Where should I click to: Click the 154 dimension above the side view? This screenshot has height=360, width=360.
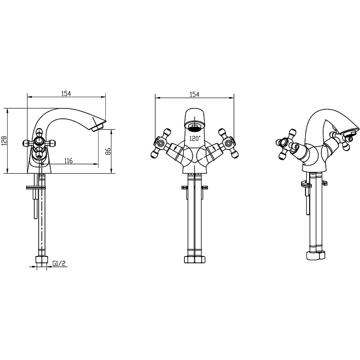(x=66, y=94)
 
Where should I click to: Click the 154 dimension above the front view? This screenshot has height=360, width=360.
(x=194, y=94)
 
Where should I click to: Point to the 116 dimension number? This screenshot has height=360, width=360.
(x=68, y=161)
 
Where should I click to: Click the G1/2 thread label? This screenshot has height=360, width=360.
(x=59, y=263)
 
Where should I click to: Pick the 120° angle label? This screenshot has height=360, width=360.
(x=195, y=139)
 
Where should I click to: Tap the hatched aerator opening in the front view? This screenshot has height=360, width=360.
(x=194, y=127)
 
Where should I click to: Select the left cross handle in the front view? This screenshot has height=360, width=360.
(x=160, y=144)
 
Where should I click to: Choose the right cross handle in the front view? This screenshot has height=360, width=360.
(x=229, y=144)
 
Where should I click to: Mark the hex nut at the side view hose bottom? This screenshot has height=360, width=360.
(x=41, y=260)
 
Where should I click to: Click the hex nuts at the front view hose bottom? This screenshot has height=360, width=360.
(x=194, y=260)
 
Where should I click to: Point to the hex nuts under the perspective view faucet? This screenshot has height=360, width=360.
(x=316, y=255)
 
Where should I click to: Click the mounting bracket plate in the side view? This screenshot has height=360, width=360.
(x=37, y=188)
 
